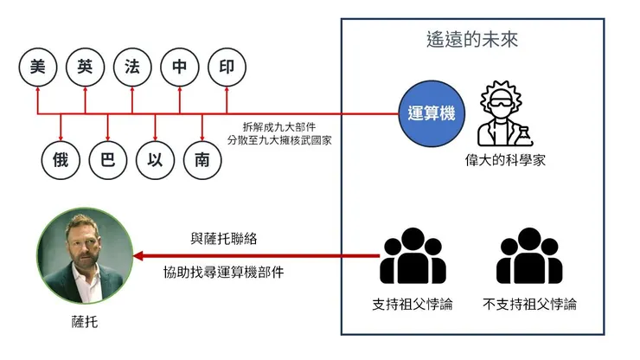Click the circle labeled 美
pos(37,67)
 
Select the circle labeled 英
pos(85,67)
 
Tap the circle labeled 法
pos(131,67)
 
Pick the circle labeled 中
pos(179,67)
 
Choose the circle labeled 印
pos(227,67)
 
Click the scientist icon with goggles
pos(503,112)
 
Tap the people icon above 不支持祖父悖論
pos(529,256)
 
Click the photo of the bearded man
pos(85,256)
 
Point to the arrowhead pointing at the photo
pos(140,256)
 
